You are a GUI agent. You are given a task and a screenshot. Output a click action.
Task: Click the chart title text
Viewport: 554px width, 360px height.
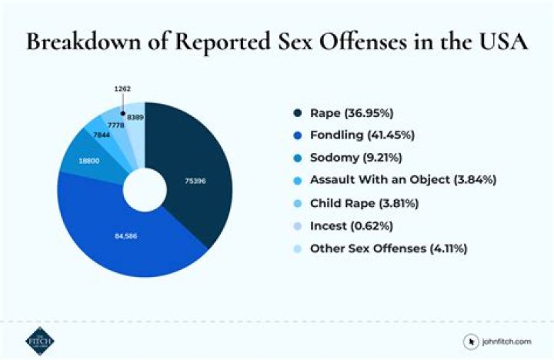277,42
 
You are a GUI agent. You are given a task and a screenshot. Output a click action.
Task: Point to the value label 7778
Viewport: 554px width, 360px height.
116,124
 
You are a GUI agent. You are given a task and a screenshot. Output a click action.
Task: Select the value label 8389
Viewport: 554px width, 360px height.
135,117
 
